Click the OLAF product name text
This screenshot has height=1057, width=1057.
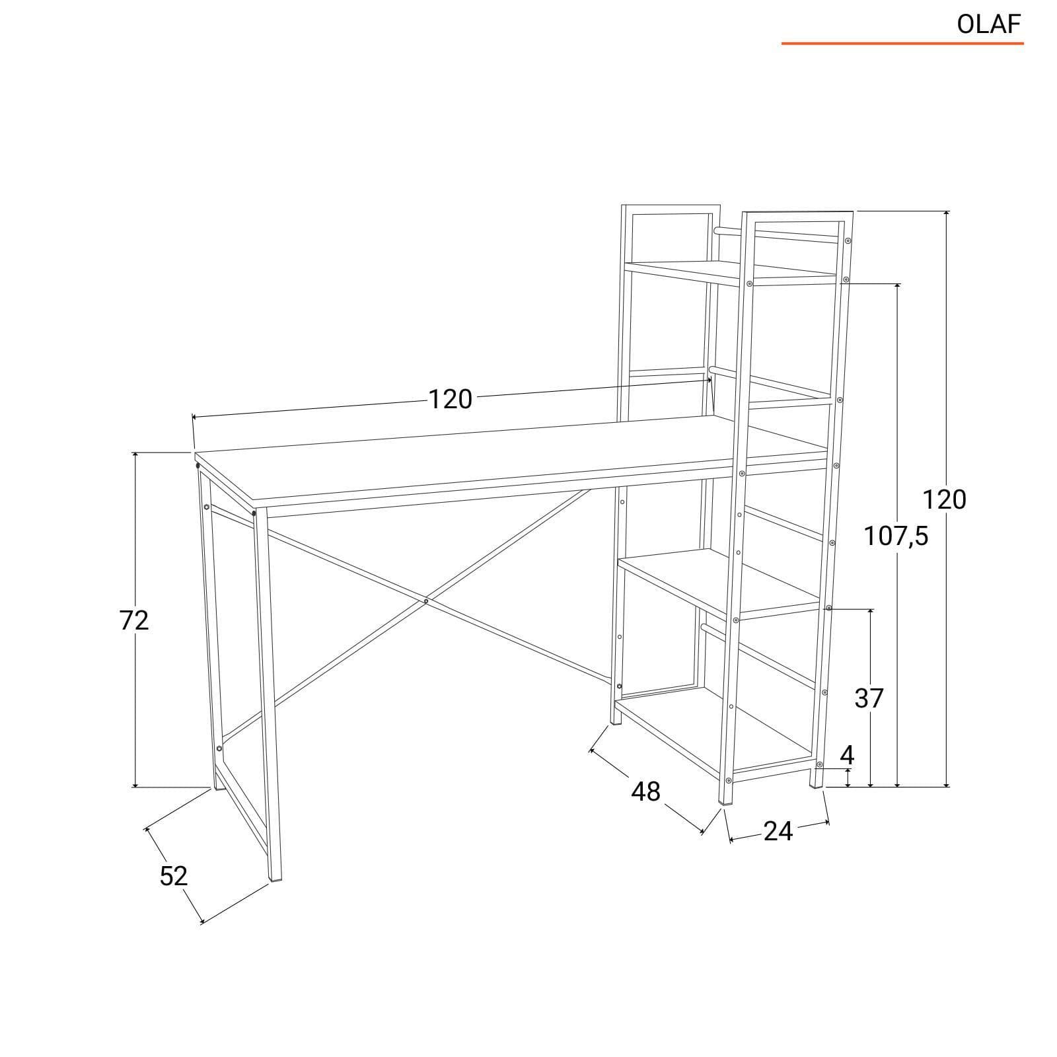989,24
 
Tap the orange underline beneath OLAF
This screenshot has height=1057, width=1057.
902,44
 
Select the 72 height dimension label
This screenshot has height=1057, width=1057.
134,620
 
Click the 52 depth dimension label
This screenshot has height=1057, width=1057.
174,875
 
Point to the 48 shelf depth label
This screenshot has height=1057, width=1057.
645,791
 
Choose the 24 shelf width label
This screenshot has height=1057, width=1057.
778,831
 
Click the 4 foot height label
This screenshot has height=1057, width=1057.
847,755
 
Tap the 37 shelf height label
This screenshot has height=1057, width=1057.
869,698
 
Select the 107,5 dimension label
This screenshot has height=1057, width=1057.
896,537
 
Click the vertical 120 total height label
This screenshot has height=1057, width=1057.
944,500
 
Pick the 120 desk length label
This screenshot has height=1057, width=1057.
451,399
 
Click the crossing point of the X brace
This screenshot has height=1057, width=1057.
426,601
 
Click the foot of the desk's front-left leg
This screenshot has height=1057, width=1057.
277,879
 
